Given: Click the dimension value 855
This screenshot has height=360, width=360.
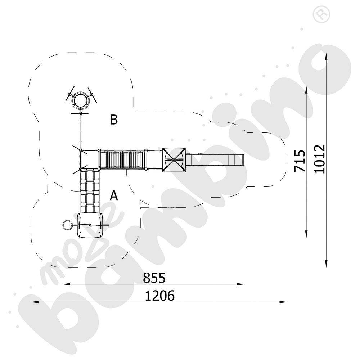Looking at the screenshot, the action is coord(154,278).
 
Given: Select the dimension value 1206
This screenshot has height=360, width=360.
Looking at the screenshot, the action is coord(160,296).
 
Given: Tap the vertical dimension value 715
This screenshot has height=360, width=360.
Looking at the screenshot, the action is coord(300,161).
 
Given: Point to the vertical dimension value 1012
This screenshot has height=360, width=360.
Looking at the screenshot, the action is coord(320,159).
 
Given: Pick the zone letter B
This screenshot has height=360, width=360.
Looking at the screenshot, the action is coord(114,120).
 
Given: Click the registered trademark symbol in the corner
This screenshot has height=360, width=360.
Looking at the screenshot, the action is coord(321,14).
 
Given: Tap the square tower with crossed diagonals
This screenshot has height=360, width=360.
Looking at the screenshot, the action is coord(174,159).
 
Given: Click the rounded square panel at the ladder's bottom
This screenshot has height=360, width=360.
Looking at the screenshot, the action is coord(90,225).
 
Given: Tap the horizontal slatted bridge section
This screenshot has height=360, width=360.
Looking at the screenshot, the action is coord(122,159).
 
